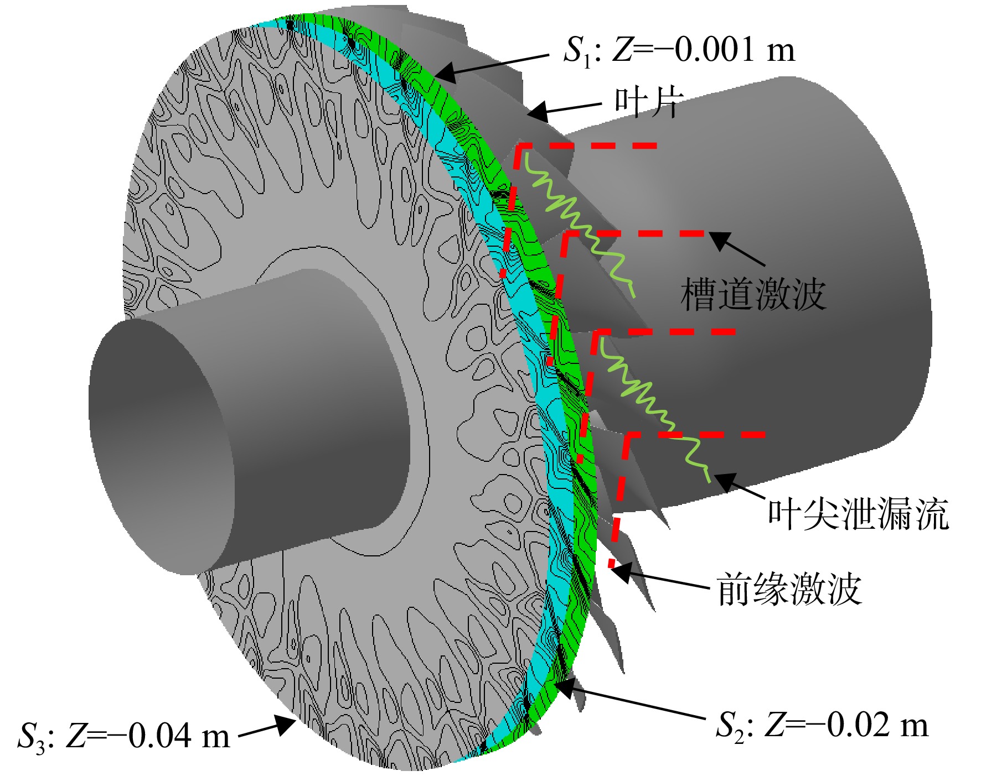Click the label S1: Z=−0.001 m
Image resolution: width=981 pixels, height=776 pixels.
679,50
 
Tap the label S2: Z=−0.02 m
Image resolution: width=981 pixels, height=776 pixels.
822,725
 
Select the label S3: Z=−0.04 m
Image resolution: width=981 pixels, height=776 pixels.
123,736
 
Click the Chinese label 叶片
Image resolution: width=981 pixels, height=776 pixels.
649,103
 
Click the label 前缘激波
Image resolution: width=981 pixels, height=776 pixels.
789,589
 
